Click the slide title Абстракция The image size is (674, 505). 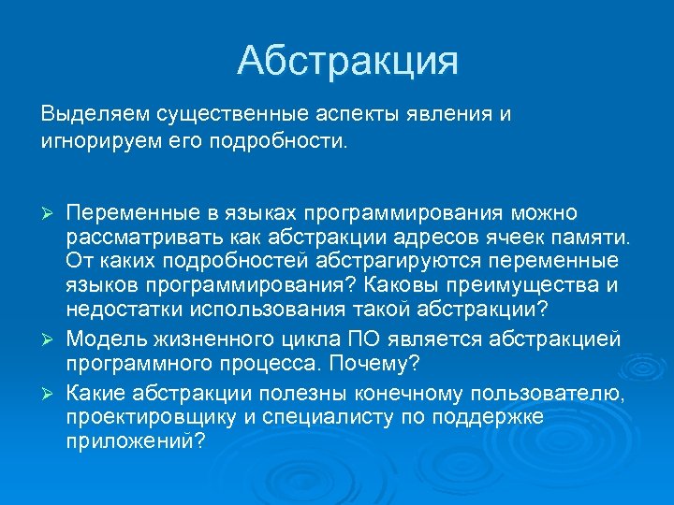347,61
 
